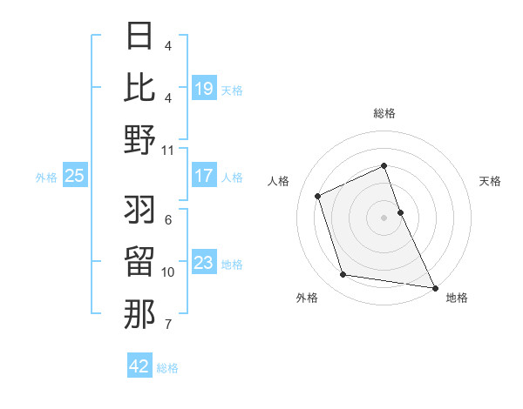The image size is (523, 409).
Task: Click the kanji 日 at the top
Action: pyautogui.click(x=139, y=37)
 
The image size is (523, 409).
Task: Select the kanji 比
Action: pyautogui.click(x=139, y=87)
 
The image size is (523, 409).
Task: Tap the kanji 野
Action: pyautogui.click(x=139, y=139)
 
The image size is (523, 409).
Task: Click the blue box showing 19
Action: pyautogui.click(x=204, y=88)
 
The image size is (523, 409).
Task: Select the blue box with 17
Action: pyautogui.click(x=204, y=176)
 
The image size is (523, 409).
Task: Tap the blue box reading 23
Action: pyautogui.click(x=204, y=263)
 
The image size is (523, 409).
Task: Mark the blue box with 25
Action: pyautogui.click(x=74, y=176)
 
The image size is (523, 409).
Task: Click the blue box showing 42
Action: pyautogui.click(x=139, y=366)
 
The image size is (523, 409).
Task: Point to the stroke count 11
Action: pyautogui.click(x=168, y=150)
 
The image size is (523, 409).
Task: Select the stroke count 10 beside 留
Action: pyautogui.click(x=168, y=272)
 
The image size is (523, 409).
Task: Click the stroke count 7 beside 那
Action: pyautogui.click(x=168, y=325)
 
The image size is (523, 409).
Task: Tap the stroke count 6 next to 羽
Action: pyautogui.click(x=168, y=220)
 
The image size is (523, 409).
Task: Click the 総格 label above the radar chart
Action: pyautogui.click(x=384, y=114)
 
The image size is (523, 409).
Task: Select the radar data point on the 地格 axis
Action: pyautogui.click(x=434, y=286)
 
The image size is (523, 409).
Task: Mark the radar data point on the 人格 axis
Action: pyautogui.click(x=318, y=196)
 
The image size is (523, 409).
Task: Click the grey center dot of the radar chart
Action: pyautogui.click(x=384, y=218)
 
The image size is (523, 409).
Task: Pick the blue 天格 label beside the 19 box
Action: pyautogui.click(x=232, y=90)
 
